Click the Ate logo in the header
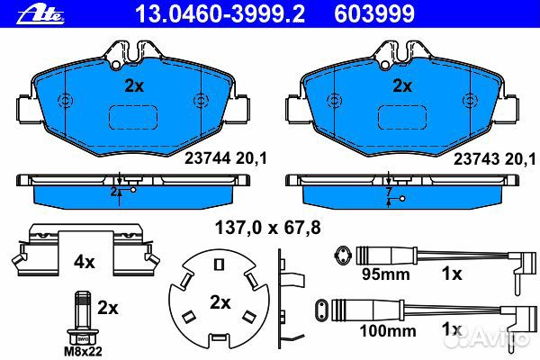coord(40,15)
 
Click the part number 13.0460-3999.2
coord(220,14)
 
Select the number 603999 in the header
coord(374,14)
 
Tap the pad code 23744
coord(207,158)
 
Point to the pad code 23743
coord(476,159)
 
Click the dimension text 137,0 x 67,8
coord(267,228)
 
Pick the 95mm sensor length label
coord(386,274)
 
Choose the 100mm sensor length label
coord(387,331)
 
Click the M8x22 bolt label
coord(83,352)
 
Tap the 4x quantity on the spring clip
coord(84,263)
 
